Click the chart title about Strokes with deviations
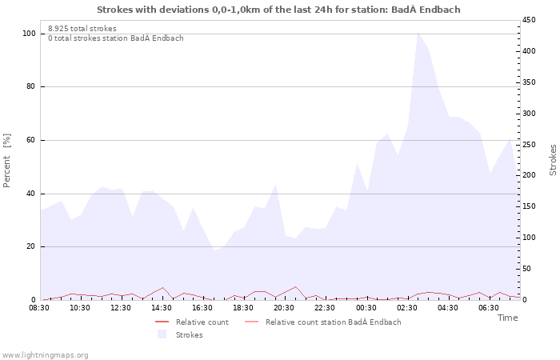pyautogui.click(x=278, y=10)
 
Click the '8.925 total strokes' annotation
pyautogui.click(x=82, y=29)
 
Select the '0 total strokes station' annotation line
pyautogui.click(x=115, y=38)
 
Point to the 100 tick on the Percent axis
pyautogui.click(x=29, y=34)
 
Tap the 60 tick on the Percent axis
pyautogui.click(x=30, y=140)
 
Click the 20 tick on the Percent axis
pyautogui.click(x=30, y=246)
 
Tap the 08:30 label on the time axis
pyautogui.click(x=40, y=308)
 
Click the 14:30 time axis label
pyautogui.click(x=162, y=308)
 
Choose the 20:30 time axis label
pyautogui.click(x=284, y=308)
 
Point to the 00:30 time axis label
pyautogui.click(x=366, y=308)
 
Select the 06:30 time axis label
pyautogui.click(x=488, y=308)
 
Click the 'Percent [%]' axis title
pyautogui.click(x=7, y=160)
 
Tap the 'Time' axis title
pyautogui.click(x=507, y=318)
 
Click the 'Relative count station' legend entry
pyautogui.click(x=333, y=322)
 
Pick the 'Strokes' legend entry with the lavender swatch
pyautogui.click(x=189, y=334)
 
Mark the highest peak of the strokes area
pyautogui.click(x=418, y=33)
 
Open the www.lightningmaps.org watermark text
pyautogui.click(x=46, y=354)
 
